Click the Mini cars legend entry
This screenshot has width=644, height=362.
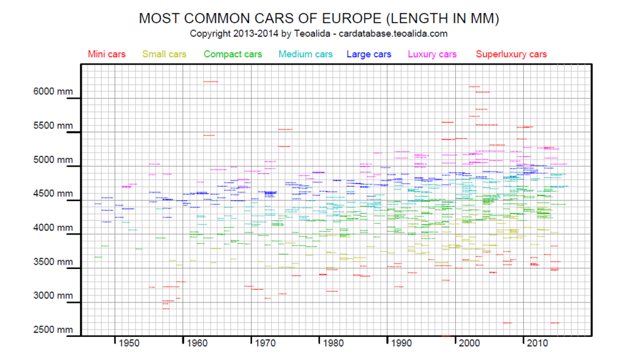(x=107, y=54)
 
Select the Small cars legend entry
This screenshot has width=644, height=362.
(x=164, y=54)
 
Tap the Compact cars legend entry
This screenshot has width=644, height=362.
(x=232, y=54)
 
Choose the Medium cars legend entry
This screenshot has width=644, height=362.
(x=305, y=54)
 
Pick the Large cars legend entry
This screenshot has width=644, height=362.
(x=369, y=54)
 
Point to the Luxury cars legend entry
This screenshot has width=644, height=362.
(x=432, y=54)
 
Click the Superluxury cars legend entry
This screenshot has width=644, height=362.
(x=511, y=54)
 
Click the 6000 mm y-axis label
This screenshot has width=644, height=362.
(x=53, y=91)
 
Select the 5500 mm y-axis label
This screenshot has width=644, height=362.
(x=53, y=126)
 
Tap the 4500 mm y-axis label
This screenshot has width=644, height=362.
(x=53, y=194)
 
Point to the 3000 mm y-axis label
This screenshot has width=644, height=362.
(x=53, y=296)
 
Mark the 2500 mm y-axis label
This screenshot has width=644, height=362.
(x=53, y=330)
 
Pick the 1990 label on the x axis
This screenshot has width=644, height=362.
(x=401, y=343)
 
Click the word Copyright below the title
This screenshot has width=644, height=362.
(x=212, y=33)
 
